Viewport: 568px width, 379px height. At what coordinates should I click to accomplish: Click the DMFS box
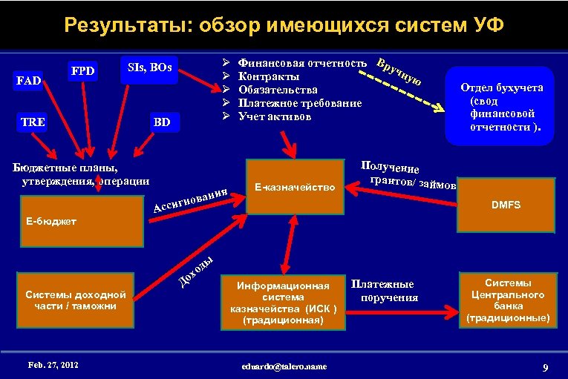pos(509,202)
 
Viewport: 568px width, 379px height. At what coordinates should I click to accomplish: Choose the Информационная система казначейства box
pos(282,303)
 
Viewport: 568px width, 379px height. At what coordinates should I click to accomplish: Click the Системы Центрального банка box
pos(508,300)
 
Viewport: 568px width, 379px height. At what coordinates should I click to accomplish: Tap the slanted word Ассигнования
pos(189,200)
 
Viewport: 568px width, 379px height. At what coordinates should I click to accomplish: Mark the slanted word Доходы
pos(196,271)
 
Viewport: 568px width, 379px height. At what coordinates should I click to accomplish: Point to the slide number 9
pos(545,367)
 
